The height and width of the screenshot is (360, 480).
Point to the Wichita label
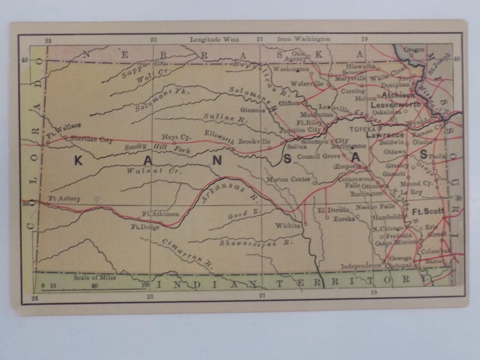point(288,225)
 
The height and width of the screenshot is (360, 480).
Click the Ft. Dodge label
point(142,227)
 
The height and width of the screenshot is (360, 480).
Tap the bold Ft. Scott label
point(428,211)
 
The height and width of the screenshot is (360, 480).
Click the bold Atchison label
point(398,95)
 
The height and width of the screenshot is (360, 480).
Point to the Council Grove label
point(318,156)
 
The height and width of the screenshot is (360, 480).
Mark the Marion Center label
point(288,180)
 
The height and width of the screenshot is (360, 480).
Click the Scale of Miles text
point(95,278)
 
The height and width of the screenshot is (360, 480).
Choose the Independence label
point(361,266)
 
